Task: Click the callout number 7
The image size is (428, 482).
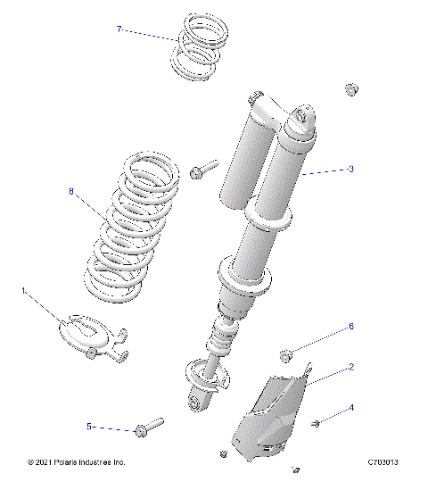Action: coord(119,29)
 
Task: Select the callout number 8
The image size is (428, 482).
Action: coord(70,190)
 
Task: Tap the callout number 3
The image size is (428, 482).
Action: coord(351,169)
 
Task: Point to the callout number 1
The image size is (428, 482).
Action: coord(24,290)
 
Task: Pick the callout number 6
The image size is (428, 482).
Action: coord(350,327)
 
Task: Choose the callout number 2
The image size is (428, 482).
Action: coord(351,367)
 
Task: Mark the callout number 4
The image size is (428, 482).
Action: coord(351,408)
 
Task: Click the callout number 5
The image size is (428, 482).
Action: coord(89,427)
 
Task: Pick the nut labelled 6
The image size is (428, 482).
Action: coord(285,355)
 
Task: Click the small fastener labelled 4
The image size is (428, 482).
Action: coord(317,421)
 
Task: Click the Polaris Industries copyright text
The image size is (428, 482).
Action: coord(78,462)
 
